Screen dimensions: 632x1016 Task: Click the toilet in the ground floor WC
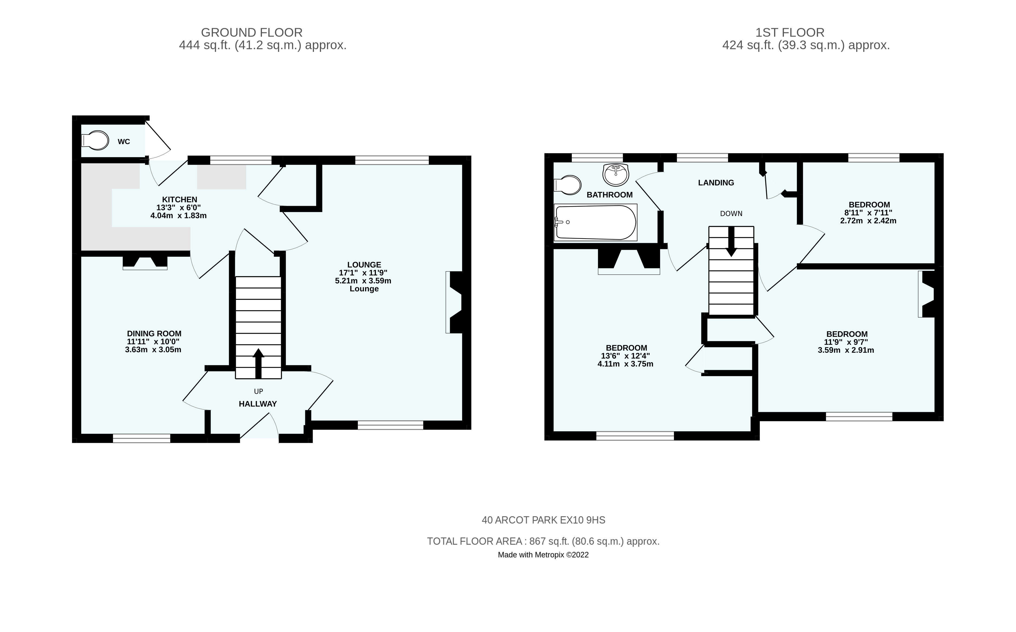tap(95, 141)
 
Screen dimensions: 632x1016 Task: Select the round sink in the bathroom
tap(615, 175)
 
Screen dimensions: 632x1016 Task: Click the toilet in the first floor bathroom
tap(567, 185)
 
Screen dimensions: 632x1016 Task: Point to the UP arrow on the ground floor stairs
tap(258, 362)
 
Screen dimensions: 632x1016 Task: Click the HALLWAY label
tap(258, 404)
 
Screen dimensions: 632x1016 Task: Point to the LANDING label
tap(716, 183)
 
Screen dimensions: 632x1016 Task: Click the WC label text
tap(124, 142)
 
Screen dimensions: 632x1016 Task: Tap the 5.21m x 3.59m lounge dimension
tap(363, 281)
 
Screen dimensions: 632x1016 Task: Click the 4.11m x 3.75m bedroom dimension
tap(625, 364)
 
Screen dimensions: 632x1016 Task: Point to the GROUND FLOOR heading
tap(252, 32)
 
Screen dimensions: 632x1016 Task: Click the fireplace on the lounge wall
tap(455, 302)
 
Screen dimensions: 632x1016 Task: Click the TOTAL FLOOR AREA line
tap(543, 541)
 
